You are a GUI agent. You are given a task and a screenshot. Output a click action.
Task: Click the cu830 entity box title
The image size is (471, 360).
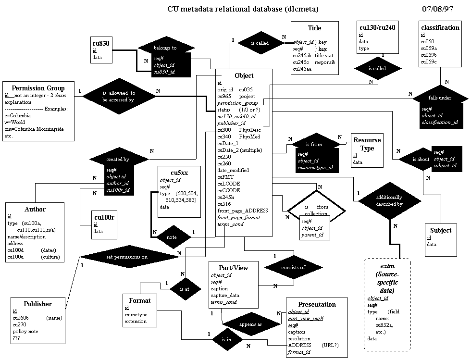point(101,43)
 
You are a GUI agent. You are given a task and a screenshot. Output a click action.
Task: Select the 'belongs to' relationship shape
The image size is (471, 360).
point(165,48)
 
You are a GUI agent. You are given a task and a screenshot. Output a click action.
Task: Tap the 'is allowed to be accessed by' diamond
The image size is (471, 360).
point(118,96)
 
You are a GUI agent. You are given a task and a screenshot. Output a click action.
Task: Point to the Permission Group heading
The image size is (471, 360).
point(38,88)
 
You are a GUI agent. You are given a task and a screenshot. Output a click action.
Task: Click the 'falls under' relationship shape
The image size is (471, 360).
point(440,98)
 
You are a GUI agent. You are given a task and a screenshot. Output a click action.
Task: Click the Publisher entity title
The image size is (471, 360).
point(38,304)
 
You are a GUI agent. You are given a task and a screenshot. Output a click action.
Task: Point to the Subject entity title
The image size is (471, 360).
point(441,230)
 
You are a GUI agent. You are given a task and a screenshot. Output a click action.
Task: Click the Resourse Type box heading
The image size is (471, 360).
point(367,144)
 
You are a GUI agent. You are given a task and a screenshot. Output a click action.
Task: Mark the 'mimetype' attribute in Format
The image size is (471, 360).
point(135,314)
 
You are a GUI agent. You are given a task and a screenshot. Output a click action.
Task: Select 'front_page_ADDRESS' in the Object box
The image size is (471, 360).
point(242,211)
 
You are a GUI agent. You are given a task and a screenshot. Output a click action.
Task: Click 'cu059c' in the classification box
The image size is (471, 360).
point(429,62)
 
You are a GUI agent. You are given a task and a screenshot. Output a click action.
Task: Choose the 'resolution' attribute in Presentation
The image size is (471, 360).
point(299,338)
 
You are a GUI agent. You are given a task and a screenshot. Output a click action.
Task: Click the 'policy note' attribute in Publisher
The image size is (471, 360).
point(25,332)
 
